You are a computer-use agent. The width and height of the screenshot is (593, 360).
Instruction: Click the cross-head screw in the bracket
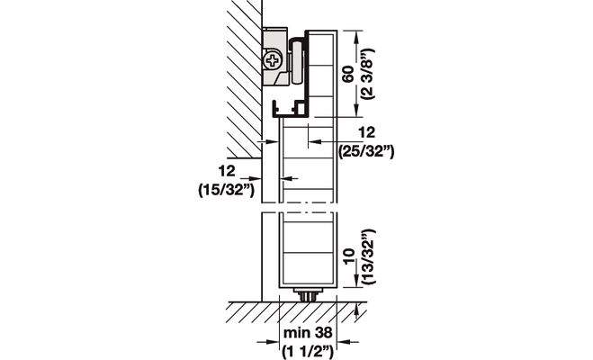pyautogui.click(x=273, y=60)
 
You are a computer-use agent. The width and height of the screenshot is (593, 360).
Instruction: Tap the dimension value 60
pyautogui.click(x=348, y=74)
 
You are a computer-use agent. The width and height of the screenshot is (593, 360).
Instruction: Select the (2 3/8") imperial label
pyautogui.click(x=367, y=74)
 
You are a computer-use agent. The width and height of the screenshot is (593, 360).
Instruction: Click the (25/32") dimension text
pyautogui.click(x=366, y=151)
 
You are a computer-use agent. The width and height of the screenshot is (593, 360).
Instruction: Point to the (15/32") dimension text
pyautogui.click(x=227, y=190)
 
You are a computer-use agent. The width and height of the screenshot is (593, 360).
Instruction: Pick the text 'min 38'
pyautogui.click(x=308, y=333)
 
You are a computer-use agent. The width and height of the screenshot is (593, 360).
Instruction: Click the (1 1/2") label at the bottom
pyautogui.click(x=308, y=352)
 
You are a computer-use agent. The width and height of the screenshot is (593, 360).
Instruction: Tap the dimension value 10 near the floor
pyautogui.click(x=348, y=256)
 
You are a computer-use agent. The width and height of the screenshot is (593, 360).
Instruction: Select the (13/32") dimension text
pyautogui.click(x=368, y=256)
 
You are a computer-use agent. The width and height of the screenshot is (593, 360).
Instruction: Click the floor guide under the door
pyautogui.click(x=308, y=294)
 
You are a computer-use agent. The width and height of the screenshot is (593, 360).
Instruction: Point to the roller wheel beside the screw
pyautogui.click(x=296, y=62)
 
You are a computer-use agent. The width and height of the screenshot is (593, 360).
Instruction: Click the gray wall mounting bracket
pyautogui.click(x=274, y=57)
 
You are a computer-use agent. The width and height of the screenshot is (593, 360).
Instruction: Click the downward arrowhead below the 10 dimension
pyautogui.click(x=355, y=281)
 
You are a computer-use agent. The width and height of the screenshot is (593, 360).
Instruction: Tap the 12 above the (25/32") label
pyautogui.click(x=366, y=132)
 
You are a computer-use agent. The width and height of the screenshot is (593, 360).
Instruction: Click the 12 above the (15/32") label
pyautogui.click(x=227, y=171)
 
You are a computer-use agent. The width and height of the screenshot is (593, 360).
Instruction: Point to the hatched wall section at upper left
pyautogui.click(x=245, y=78)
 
